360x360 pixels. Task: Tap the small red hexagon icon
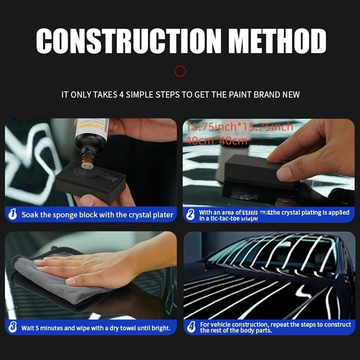pyautogui.click(x=180, y=71)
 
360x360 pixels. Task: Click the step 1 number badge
pyautogui.click(x=13, y=215)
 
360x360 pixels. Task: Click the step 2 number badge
pyautogui.click(x=191, y=215)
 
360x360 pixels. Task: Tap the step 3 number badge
pyautogui.click(x=13, y=327)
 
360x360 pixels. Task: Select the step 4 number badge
pyautogui.click(x=191, y=327)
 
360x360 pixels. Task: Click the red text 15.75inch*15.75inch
pyautogui.click(x=239, y=127)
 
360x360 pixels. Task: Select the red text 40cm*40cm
pyautogui.click(x=216, y=140)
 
